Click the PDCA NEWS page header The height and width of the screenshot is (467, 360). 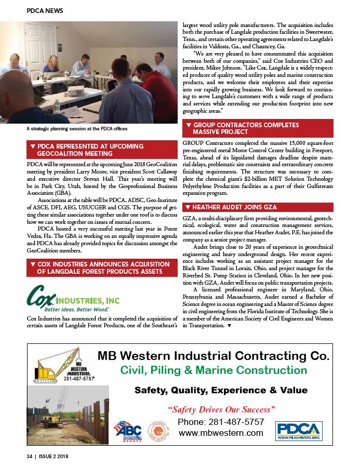click(x=46, y=10)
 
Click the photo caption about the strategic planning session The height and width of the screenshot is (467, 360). click(x=77, y=128)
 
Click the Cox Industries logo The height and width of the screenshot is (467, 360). click(x=73, y=298)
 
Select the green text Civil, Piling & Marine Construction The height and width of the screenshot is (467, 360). click(x=213, y=371)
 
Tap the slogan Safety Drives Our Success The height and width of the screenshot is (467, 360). click(x=221, y=409)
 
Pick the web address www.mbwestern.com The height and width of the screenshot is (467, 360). click(x=221, y=433)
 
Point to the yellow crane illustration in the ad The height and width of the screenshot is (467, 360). click(x=57, y=366)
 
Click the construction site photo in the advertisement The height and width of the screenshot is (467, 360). click(x=68, y=413)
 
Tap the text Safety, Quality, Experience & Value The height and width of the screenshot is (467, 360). click(x=221, y=390)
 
